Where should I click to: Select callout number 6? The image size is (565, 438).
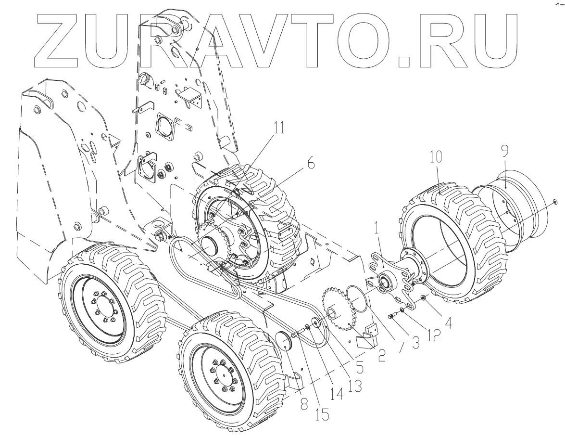click(311, 164)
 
